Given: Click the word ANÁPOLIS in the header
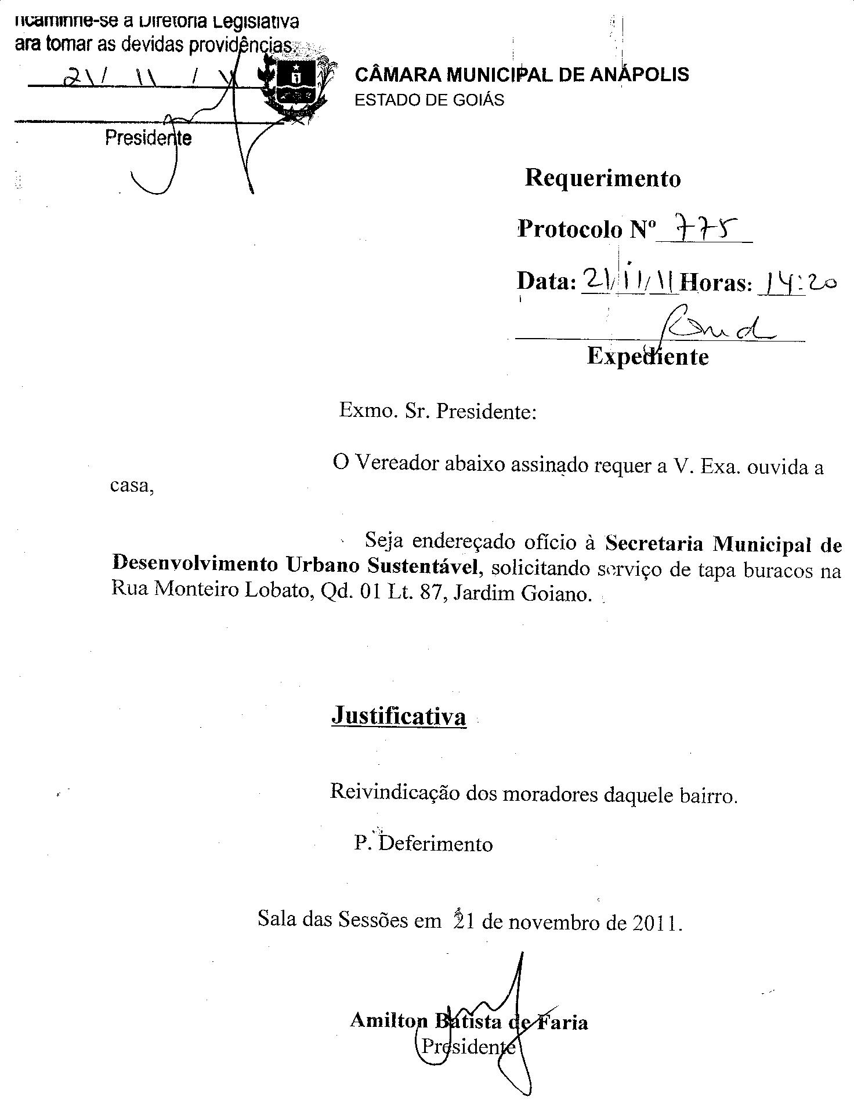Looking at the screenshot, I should pyautogui.click(x=639, y=75).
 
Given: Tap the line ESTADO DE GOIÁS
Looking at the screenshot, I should pyautogui.click(x=429, y=100).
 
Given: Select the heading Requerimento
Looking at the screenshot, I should pyautogui.click(x=603, y=178).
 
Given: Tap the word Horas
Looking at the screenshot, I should pyautogui.click(x=715, y=284).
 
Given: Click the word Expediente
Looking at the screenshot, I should pyautogui.click(x=647, y=356).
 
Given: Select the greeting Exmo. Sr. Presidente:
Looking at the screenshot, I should pyautogui.click(x=437, y=412).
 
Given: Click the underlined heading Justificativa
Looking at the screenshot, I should pyautogui.click(x=399, y=717).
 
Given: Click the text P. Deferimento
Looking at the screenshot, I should pyautogui.click(x=424, y=844).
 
